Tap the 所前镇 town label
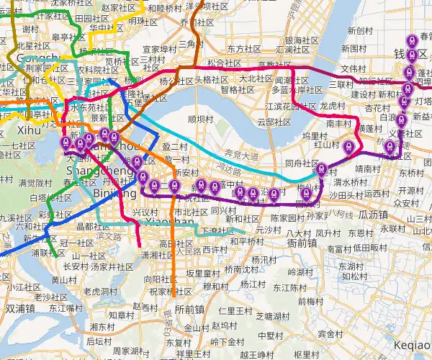[x=189, y=309]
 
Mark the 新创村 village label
[x=360, y=32]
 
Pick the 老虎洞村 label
[x=101, y=292]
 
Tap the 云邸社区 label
[x=271, y=122]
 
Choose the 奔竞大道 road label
[x=237, y=155]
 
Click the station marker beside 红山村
[x=349, y=146]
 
